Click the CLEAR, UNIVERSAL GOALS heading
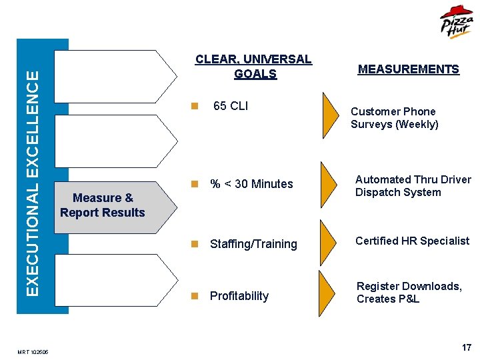pos(254,67)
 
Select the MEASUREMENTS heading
pos(408,69)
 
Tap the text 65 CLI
pos(230,105)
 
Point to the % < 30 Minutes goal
pos(251,184)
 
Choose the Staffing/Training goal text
pos(253,244)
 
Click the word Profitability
pos(239,296)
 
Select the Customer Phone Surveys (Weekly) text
pos(394,118)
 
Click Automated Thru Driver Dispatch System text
pos(413,186)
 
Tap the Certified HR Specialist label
pos(412,241)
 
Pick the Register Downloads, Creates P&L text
pos(409,293)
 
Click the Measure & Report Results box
pos(103,205)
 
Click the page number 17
pos(466,348)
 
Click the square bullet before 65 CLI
pos(194,105)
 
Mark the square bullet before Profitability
pos(194,296)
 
